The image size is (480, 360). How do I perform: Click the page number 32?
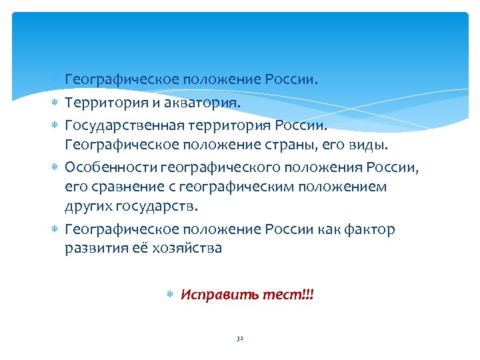pyautogui.click(x=239, y=339)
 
